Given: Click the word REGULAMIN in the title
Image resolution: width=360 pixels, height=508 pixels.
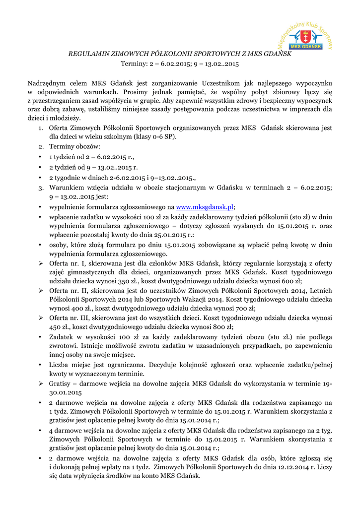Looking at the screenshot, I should point(86,54).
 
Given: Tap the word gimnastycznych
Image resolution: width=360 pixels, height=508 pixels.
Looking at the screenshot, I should point(87,271).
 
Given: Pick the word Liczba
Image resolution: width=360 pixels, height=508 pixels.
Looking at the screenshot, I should point(59,365).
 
